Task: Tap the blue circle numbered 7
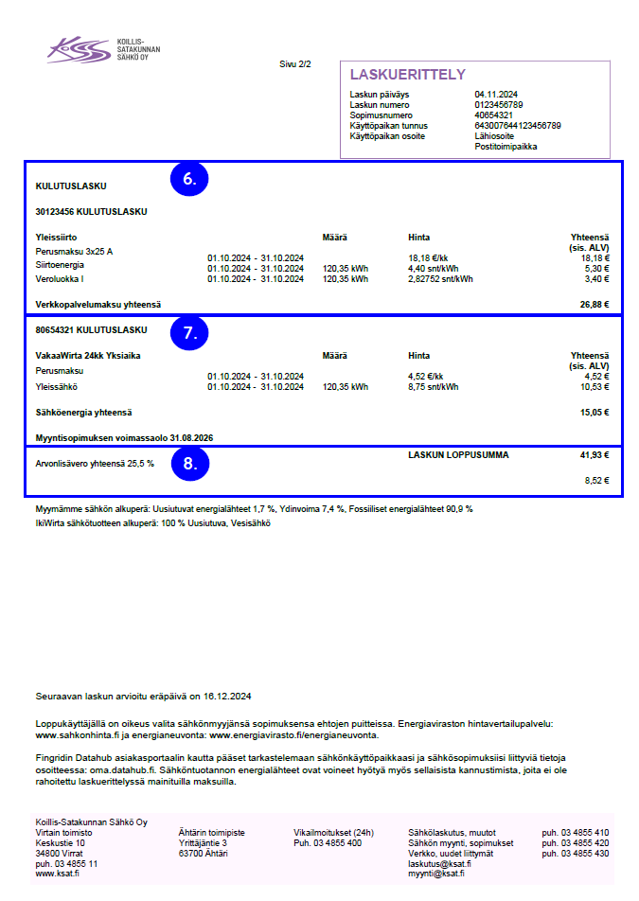[189, 332]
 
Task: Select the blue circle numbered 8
[189, 464]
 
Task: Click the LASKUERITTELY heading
[407, 75]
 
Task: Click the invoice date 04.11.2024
[496, 95]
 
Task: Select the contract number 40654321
[493, 115]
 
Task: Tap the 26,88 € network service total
[594, 305]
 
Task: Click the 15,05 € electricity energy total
[594, 413]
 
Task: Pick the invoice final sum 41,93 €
[594, 455]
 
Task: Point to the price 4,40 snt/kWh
[433, 268]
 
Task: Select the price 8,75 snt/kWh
[433, 387]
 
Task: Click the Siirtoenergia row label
[62, 266]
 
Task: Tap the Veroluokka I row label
[60, 279]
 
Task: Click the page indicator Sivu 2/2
[295, 63]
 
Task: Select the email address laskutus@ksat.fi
[439, 863]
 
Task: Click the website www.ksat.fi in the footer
[57, 874]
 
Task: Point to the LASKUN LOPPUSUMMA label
[458, 455]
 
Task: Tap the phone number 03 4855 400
[328, 842]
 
